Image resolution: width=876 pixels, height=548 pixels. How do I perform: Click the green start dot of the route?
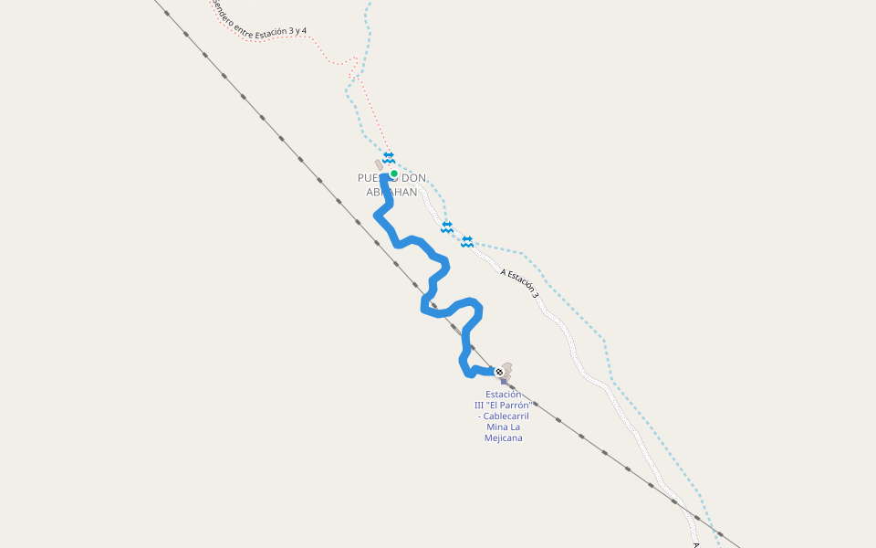click(393, 174)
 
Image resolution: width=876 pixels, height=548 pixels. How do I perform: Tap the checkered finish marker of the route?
click(498, 372)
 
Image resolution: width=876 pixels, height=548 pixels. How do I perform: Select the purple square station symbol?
click(503, 381)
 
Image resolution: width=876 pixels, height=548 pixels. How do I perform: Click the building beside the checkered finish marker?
click(507, 367)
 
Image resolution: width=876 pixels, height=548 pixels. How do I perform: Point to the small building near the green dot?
click(379, 164)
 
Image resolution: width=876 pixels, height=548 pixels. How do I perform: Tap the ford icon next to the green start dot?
click(389, 157)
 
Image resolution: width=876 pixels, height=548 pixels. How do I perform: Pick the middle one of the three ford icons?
click(447, 227)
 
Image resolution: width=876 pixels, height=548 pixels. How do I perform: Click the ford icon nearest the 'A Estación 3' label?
click(467, 241)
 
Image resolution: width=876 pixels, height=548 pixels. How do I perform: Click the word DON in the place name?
click(415, 177)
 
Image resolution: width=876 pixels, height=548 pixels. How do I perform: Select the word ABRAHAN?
click(391, 193)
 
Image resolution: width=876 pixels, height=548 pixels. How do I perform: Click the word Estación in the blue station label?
click(504, 395)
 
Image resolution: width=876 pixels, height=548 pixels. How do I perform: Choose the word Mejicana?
click(504, 438)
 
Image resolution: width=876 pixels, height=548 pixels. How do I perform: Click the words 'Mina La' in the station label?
click(503, 427)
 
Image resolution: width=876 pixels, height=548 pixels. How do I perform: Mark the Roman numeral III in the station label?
click(480, 406)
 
